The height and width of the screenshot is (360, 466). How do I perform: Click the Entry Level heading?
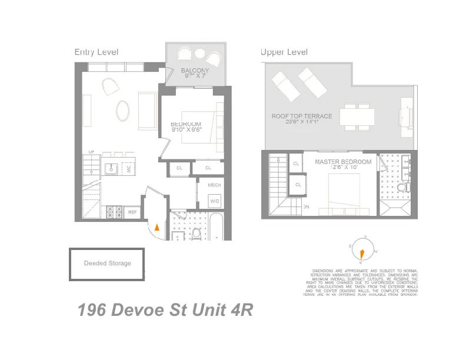click(96, 52)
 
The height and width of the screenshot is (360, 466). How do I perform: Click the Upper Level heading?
click(284, 52)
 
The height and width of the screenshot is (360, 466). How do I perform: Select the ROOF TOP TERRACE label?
click(302, 116)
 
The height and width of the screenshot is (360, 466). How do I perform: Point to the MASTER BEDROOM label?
click(343, 162)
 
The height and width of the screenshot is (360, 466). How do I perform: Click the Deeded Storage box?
click(107, 264)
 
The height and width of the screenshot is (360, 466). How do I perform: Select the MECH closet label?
click(214, 185)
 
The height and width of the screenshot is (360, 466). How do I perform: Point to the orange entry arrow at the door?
click(157, 227)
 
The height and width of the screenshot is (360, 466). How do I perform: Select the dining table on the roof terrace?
click(357, 116)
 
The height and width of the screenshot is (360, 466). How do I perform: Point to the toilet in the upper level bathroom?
click(405, 188)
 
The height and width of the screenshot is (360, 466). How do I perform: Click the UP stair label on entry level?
click(91, 152)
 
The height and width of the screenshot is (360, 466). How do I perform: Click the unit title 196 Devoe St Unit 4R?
click(165, 310)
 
